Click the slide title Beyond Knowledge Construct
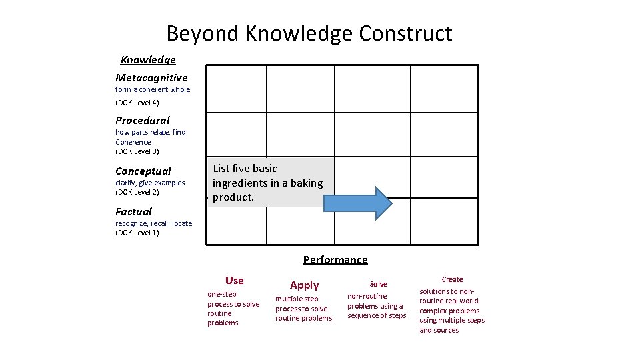pos(309,33)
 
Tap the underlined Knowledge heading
pos(148,60)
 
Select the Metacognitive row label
pos(151,78)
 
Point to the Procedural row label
pos(143,121)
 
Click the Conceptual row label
pos(143,171)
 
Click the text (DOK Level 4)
pos(137,103)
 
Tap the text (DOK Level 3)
pos(137,151)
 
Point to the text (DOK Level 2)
pos(137,192)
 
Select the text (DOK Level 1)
pos(137,233)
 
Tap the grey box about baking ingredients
pos(270,182)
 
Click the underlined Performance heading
pos(335,260)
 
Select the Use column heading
pos(235,281)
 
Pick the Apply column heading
pos(304,285)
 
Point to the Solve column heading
pos(378,284)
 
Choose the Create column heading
pos(452,279)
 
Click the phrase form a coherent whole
pos(153,89)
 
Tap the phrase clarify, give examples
pos(150,183)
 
